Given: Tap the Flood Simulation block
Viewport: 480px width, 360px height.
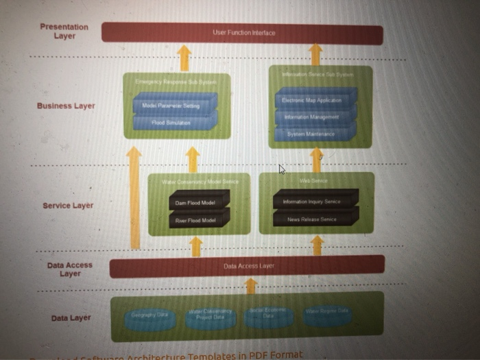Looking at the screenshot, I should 173,122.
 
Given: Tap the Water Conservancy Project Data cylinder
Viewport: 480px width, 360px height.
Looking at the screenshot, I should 210,317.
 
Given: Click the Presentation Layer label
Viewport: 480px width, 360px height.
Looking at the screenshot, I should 64,31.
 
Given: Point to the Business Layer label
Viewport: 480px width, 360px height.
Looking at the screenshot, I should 66,106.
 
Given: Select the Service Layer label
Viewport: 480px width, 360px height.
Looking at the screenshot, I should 68,206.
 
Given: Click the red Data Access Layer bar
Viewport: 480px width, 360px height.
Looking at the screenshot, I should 247,266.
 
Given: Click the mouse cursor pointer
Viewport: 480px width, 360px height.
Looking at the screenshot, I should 281,169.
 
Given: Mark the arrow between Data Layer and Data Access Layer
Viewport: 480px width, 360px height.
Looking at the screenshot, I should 251,285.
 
